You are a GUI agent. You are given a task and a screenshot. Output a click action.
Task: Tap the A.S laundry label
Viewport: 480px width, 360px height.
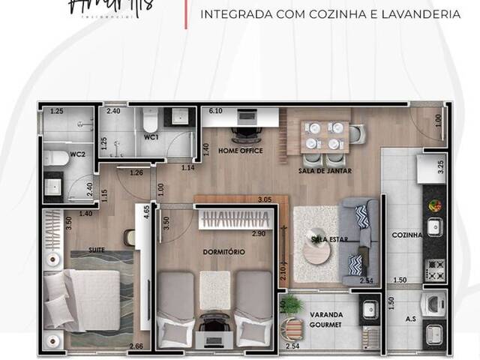click(x=410, y=318)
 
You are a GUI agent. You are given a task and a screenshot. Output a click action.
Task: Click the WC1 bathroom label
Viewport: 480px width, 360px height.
click(x=151, y=138)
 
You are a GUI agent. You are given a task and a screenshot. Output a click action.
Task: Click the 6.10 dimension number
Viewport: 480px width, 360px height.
click(x=216, y=111)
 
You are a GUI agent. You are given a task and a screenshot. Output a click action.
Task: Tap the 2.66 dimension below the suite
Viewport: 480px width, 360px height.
click(x=136, y=346)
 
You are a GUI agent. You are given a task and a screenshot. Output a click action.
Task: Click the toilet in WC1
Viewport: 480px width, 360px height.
click(x=148, y=119)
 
